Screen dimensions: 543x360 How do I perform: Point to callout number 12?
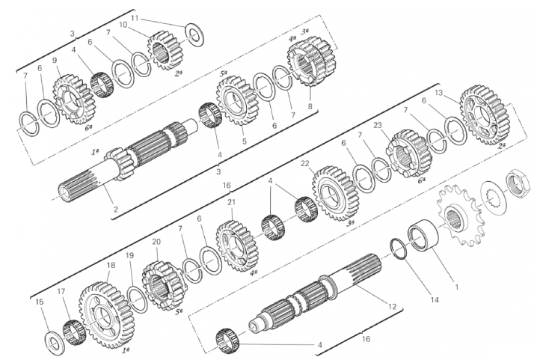[392, 307]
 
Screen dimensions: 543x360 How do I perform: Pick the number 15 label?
[40, 302]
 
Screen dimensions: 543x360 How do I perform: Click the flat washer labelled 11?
[195, 35]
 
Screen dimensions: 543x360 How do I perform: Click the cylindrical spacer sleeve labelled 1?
[423, 237]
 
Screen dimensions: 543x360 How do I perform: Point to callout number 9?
[55, 61]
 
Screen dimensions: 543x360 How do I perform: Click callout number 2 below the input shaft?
[116, 210]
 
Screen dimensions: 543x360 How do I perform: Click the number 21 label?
[231, 201]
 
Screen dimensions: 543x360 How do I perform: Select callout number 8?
[310, 106]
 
